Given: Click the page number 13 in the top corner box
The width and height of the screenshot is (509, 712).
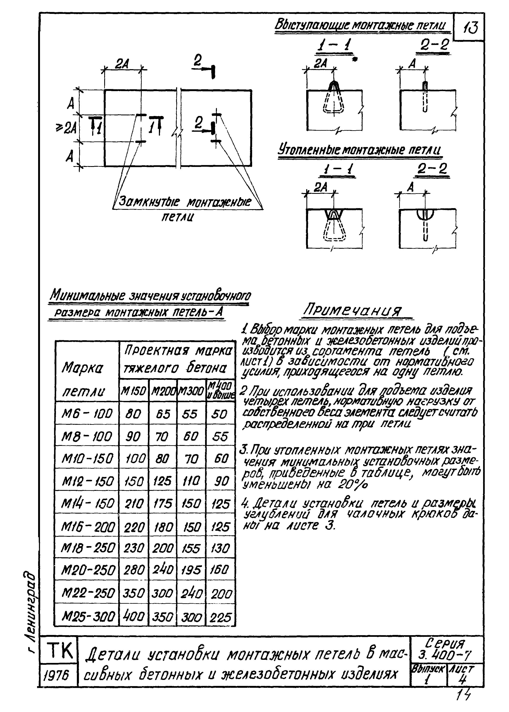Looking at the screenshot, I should (x=470, y=28).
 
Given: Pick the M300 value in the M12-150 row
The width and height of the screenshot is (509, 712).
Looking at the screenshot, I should (x=191, y=480).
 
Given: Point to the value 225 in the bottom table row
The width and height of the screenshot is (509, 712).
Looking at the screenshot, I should (x=220, y=617).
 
